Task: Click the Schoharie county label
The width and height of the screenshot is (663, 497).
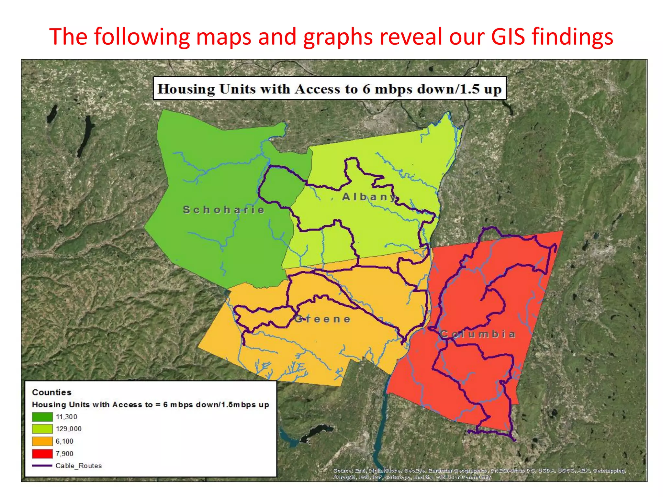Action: [224, 210]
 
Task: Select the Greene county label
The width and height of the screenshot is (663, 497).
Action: [322, 319]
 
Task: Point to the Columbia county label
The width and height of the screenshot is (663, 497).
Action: [478, 334]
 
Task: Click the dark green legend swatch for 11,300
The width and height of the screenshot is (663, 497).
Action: [42, 417]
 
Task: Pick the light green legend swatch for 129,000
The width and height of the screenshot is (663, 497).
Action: [42, 429]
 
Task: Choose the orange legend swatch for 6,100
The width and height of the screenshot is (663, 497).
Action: [42, 441]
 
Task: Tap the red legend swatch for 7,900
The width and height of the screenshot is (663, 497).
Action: [42, 454]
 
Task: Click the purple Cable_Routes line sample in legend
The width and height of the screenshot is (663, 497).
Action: [42, 466]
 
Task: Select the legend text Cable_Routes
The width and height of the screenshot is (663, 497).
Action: [79, 466]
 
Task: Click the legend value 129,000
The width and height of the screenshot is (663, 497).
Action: [69, 429]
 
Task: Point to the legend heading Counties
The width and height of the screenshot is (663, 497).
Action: [51, 392]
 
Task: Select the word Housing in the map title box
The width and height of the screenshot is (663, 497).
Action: [186, 89]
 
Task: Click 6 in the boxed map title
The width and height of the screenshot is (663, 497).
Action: [366, 89]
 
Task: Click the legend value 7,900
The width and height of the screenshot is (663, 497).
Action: [64, 454]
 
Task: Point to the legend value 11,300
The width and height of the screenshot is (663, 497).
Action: [66, 417]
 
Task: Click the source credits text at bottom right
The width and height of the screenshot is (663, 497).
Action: [479, 474]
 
